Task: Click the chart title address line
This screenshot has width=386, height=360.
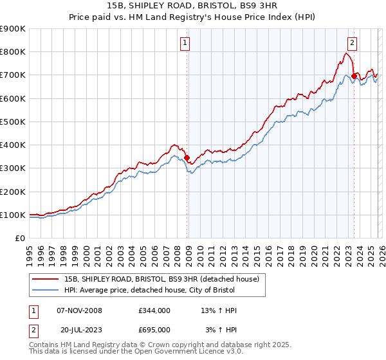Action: pos(192,6)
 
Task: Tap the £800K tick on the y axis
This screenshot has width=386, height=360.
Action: pos(13,52)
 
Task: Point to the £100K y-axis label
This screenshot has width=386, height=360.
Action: pos(13,215)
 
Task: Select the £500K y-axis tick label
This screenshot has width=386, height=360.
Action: pos(13,122)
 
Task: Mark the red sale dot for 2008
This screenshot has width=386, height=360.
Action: pos(187,157)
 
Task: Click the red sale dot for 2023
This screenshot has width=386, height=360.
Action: pos(354,76)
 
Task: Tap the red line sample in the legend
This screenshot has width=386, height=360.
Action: pos(46,279)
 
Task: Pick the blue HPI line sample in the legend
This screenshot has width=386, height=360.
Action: pos(46,290)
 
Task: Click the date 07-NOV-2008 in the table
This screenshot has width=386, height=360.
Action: pos(79,310)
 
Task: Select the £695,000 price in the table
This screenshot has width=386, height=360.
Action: pos(154,329)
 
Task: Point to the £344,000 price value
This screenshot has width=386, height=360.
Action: pos(154,310)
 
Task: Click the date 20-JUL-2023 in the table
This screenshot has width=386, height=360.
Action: pos(79,329)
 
